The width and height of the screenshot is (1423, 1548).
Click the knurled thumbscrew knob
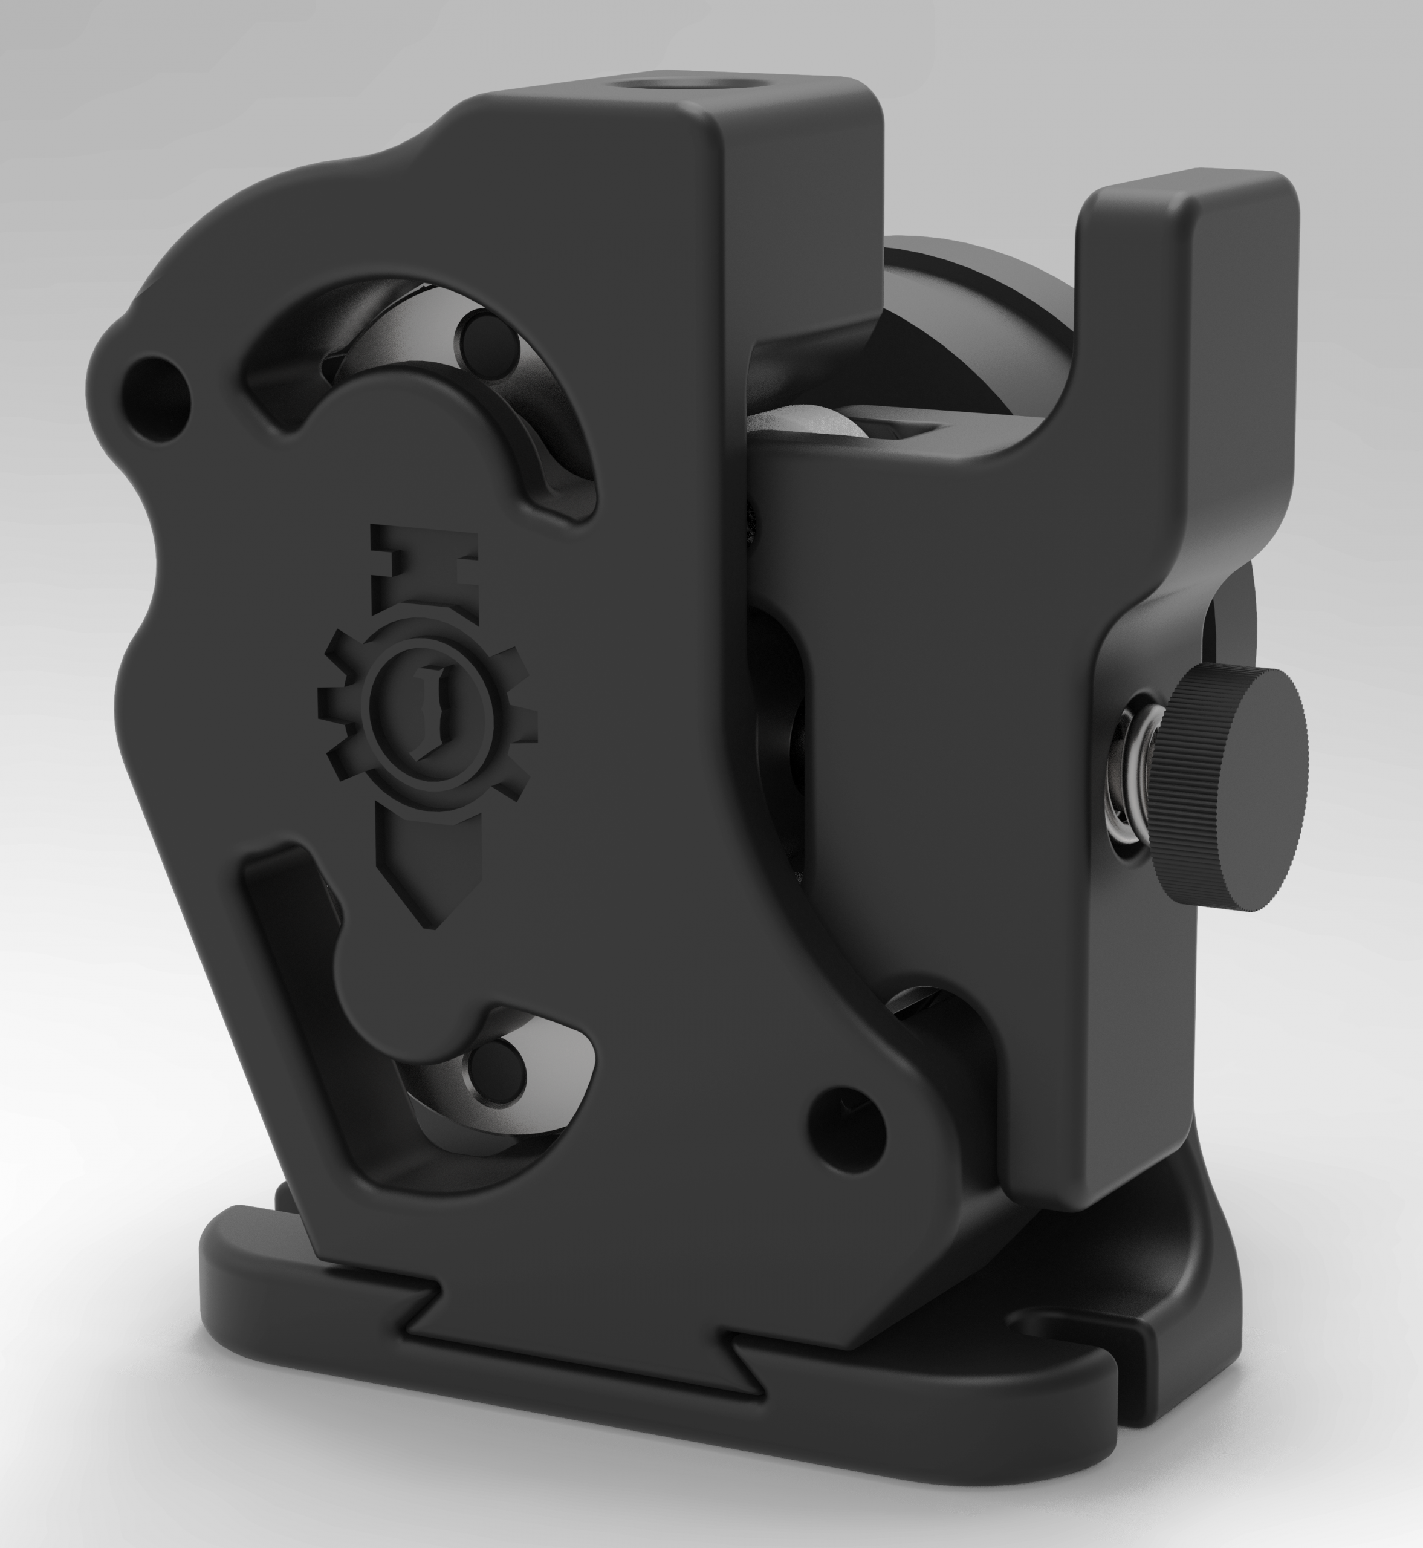1232,789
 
